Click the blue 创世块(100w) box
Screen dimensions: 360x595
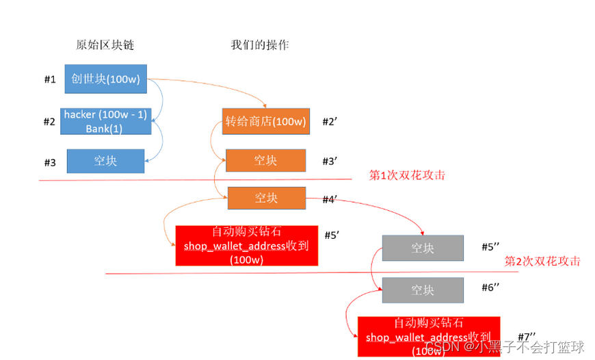[105, 79]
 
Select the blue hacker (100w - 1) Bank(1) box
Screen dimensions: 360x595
[105, 122]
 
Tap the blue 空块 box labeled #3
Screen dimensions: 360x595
[105, 161]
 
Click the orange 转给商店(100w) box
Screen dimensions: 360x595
[265, 123]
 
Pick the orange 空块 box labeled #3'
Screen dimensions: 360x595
[265, 161]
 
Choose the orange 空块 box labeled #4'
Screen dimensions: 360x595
[267, 198]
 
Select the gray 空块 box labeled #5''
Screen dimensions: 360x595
[423, 248]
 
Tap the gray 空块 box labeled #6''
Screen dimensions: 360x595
[423, 290]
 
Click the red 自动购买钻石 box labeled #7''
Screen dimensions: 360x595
[429, 336]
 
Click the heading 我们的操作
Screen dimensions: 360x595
[260, 45]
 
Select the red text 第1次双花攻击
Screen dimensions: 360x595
[407, 175]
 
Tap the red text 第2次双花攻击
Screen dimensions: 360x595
[542, 261]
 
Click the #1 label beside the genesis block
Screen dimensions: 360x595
[49, 79]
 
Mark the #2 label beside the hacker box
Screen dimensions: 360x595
[49, 122]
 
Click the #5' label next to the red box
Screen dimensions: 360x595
[332, 235]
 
